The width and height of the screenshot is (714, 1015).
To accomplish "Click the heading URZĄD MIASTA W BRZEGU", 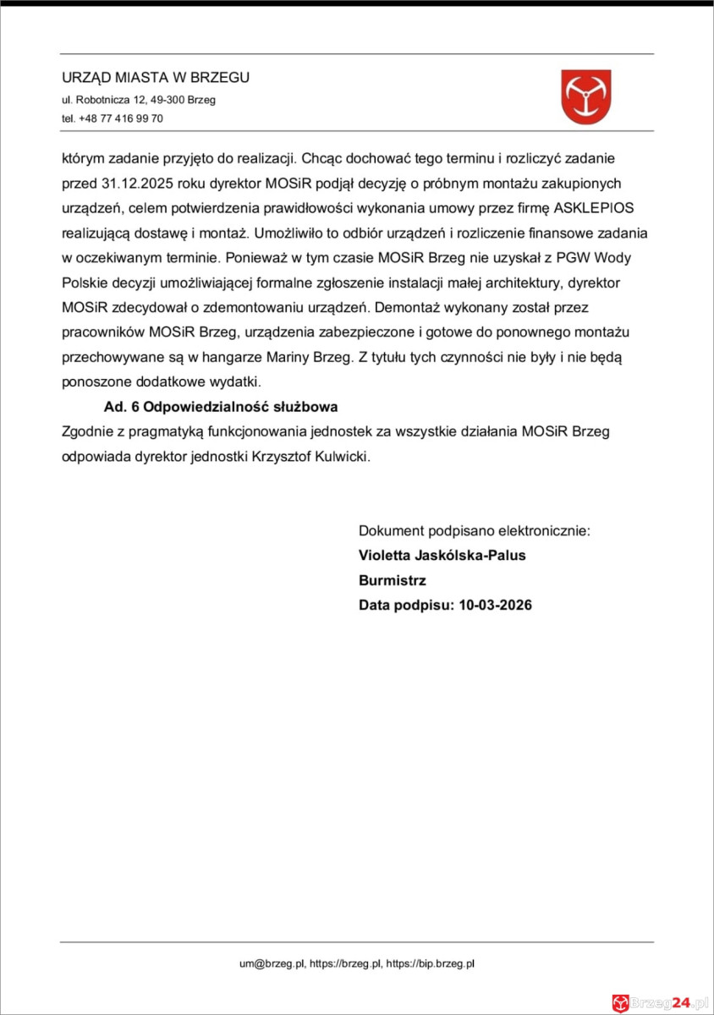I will (x=156, y=78).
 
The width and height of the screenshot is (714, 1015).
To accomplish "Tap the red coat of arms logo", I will (x=586, y=96).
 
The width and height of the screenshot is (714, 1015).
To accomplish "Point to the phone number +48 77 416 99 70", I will (x=121, y=118).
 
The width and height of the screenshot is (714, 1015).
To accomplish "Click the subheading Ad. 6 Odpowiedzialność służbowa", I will (x=215, y=406).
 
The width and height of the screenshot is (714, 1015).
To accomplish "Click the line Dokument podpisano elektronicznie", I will (x=474, y=531).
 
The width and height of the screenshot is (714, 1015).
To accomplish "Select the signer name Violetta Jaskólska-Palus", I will (x=442, y=556).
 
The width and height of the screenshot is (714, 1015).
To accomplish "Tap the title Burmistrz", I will (x=392, y=581).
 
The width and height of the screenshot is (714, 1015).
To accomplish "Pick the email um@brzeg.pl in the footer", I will (x=272, y=963).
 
